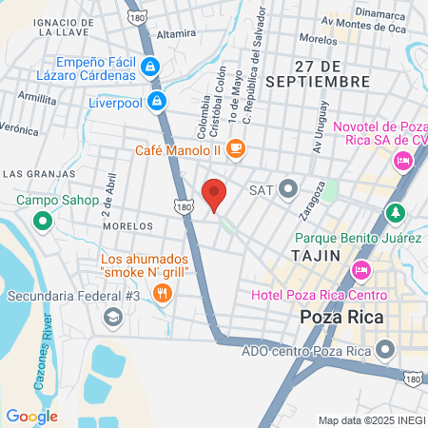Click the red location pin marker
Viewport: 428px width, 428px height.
[x=214, y=194]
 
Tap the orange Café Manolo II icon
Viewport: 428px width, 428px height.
[x=236, y=148]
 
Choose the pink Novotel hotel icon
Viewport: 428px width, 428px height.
[x=404, y=163]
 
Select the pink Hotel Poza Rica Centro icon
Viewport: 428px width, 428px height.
[x=360, y=270]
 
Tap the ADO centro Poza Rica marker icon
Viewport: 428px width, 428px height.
[x=385, y=349]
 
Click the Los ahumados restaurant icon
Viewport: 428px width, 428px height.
[x=163, y=292]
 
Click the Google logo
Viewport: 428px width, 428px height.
[x=31, y=416]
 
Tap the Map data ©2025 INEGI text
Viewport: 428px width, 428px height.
[x=372, y=420]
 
